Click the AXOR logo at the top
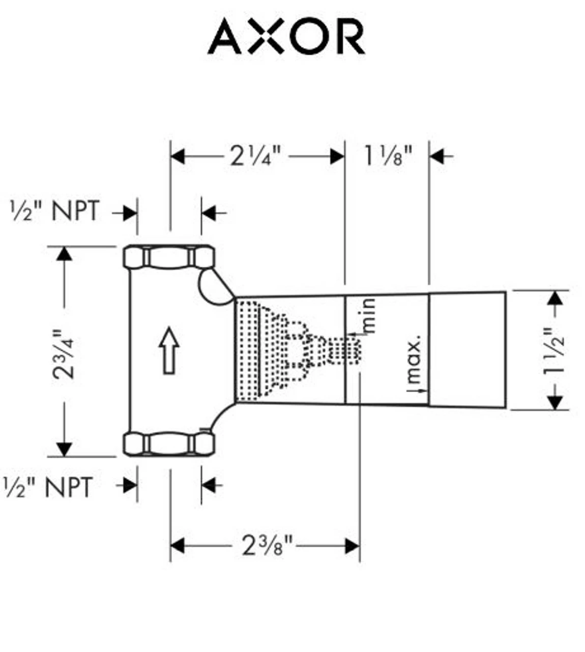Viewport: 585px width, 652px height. [x=286, y=37]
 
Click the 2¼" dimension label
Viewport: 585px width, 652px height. [x=255, y=156]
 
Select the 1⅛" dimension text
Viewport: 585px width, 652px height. [x=387, y=156]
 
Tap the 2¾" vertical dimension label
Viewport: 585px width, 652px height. [x=64, y=354]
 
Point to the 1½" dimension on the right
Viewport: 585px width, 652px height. [x=555, y=351]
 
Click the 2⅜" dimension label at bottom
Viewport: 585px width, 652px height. [x=267, y=547]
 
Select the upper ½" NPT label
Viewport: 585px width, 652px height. [x=55, y=211]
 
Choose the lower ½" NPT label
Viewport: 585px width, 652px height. [x=48, y=487]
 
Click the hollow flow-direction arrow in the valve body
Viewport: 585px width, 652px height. [x=169, y=351]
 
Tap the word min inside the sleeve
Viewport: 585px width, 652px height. [x=370, y=316]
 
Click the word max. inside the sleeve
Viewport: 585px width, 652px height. [x=415, y=360]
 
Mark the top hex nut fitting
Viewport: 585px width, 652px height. [x=169, y=257]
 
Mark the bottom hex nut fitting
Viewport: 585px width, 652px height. [x=169, y=443]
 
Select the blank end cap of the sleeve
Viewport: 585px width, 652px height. [x=467, y=350]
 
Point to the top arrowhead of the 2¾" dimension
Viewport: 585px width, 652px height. [x=64, y=253]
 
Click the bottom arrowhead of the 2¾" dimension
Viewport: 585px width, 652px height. [x=64, y=449]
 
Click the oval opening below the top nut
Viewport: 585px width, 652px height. [x=214, y=288]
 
